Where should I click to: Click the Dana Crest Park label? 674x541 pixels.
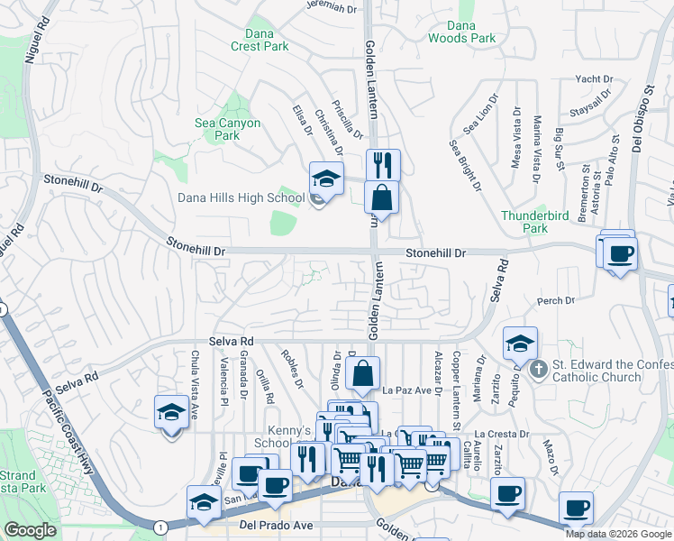pos(258,40)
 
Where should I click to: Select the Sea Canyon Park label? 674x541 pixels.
pos(227,129)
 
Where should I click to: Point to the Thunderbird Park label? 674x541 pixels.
pos(524,222)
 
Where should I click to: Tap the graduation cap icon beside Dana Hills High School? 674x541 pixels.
pos(327,178)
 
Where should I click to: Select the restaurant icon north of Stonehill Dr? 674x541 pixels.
pos(383,165)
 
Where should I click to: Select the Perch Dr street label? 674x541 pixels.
pos(554,300)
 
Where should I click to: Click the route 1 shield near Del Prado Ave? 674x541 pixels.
pos(159,527)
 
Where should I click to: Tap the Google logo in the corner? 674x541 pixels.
pos(30,530)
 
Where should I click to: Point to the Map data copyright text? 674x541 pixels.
pos(618,534)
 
